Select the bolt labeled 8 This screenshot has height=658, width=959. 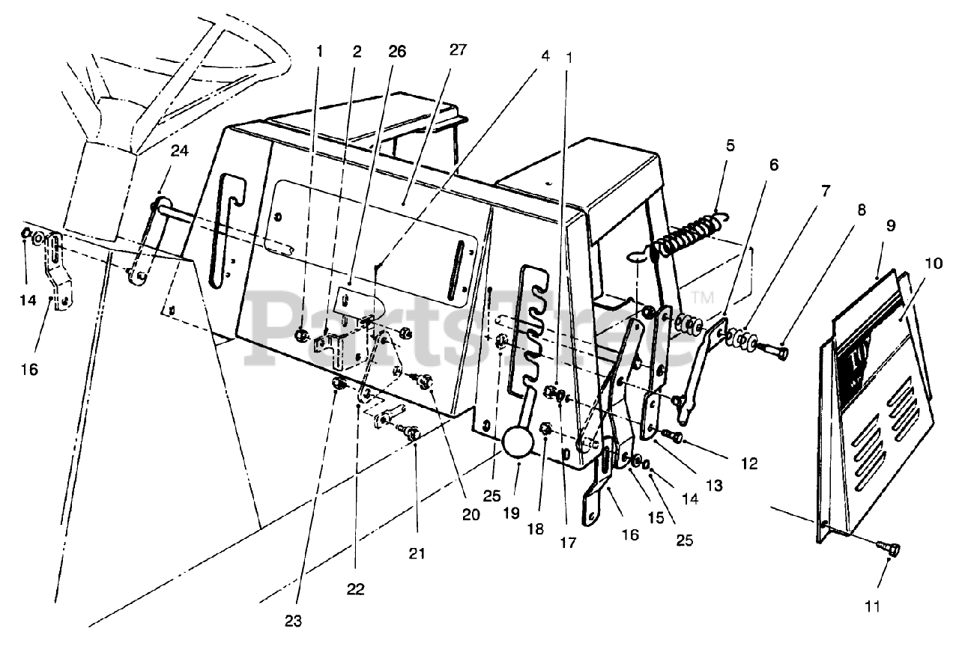775,350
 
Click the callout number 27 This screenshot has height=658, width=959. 459,50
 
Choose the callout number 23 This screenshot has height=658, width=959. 293,621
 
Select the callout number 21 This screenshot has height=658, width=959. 417,554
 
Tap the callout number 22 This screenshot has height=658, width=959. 355,589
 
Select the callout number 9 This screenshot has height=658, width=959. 891,225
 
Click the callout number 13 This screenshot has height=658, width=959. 714,485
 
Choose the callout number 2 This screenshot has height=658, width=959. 357,52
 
